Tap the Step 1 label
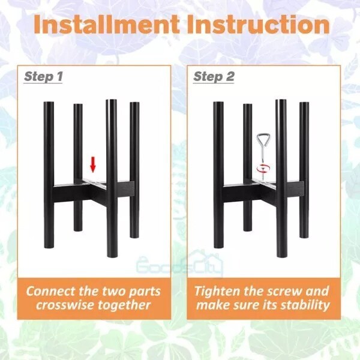43,77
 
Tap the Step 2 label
213,77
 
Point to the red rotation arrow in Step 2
262,169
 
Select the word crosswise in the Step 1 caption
67,305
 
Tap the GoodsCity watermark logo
180,262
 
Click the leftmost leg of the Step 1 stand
49,174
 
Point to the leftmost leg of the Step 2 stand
218,174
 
